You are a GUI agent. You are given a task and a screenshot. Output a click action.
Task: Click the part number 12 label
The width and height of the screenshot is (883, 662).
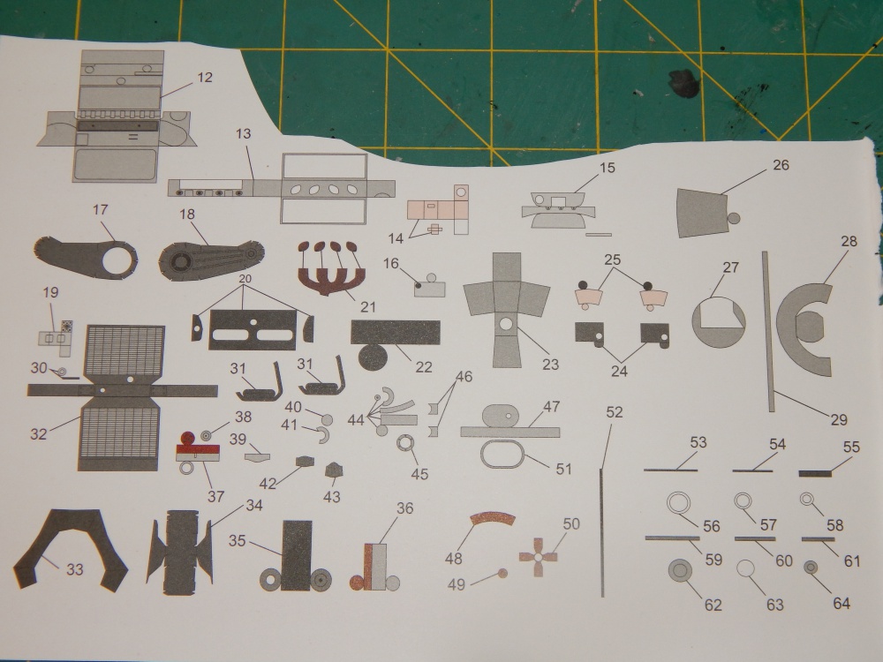pos(205,77)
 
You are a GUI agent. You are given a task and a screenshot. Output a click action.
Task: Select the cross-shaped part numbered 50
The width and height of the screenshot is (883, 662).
pos(538,557)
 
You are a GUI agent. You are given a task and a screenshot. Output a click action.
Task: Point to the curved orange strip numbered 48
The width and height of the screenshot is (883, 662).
pos(492,519)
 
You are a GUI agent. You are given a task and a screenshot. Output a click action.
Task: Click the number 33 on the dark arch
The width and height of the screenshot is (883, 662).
pos(75,569)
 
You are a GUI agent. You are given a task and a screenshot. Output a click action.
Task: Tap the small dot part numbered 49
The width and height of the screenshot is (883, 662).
pos(502,574)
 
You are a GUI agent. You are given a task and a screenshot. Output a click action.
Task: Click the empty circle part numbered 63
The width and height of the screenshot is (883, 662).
pos(747,568)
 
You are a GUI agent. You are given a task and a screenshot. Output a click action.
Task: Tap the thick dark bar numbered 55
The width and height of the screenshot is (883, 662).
pos(815,474)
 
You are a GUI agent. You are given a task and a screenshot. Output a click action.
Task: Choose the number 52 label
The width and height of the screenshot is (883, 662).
pos(615,412)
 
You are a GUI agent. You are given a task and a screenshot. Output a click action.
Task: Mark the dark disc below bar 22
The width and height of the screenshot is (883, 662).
pos(373,357)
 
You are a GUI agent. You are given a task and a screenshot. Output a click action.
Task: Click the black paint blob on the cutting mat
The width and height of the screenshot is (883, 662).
pos(684,83)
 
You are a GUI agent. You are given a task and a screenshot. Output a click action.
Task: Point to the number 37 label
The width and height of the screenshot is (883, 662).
pos(215,496)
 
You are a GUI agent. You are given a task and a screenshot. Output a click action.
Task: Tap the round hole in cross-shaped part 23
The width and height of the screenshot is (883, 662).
pos(506,324)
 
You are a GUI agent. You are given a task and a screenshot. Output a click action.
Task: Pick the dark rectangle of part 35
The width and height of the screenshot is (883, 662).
pos(297,555)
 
